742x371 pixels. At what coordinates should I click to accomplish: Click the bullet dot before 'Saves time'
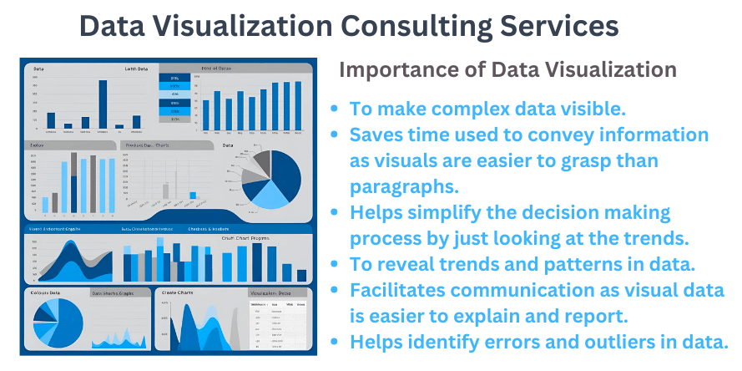(x=335, y=135)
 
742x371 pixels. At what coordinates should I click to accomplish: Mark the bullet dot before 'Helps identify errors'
(x=335, y=342)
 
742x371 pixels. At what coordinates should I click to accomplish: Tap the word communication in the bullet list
(x=526, y=290)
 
